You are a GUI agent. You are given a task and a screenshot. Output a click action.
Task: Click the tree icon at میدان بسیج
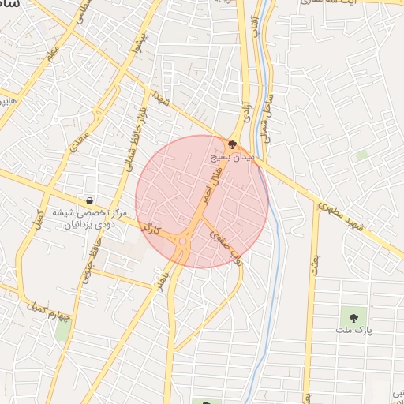pyautogui.click(x=231, y=144)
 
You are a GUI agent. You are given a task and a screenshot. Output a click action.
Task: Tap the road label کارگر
pyautogui.click(x=150, y=230)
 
